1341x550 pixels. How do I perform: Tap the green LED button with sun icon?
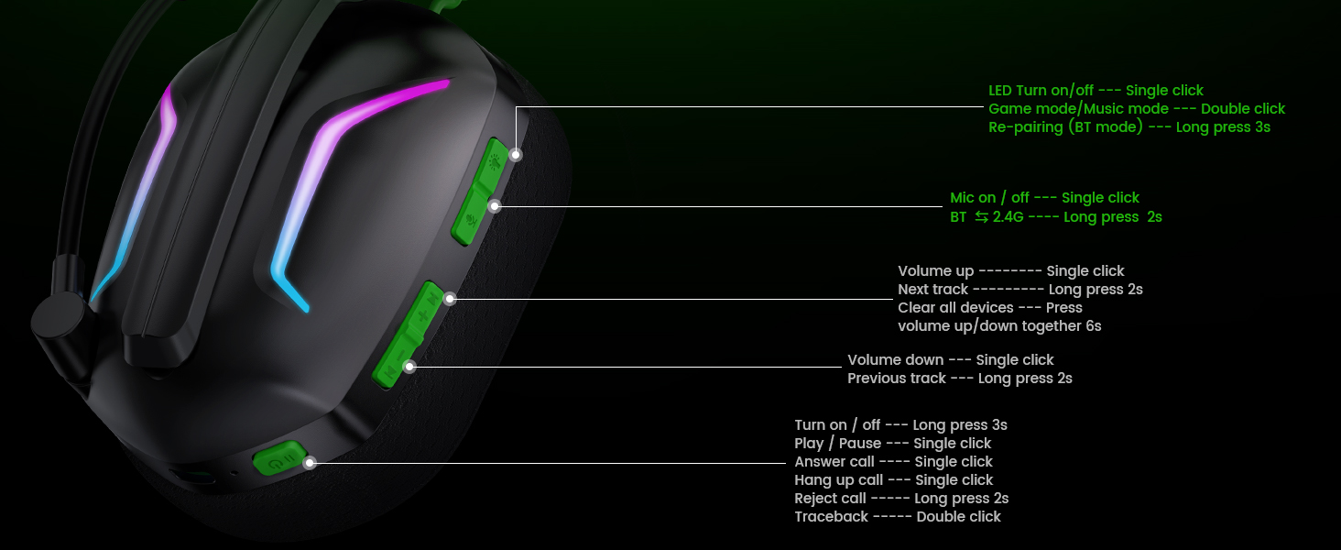coord(495,161)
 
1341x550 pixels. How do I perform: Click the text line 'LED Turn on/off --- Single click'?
coord(1096,91)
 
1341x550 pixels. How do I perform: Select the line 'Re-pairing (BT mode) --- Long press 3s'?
coord(1128,127)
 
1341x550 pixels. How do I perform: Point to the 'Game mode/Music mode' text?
coord(1065,109)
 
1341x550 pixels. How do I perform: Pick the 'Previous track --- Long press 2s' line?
coord(959,379)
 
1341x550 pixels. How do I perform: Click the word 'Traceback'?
coord(831,517)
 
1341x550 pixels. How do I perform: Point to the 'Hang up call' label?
coord(838,480)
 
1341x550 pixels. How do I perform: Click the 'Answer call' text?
coord(834,462)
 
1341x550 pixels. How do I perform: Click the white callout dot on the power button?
coord(310,463)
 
